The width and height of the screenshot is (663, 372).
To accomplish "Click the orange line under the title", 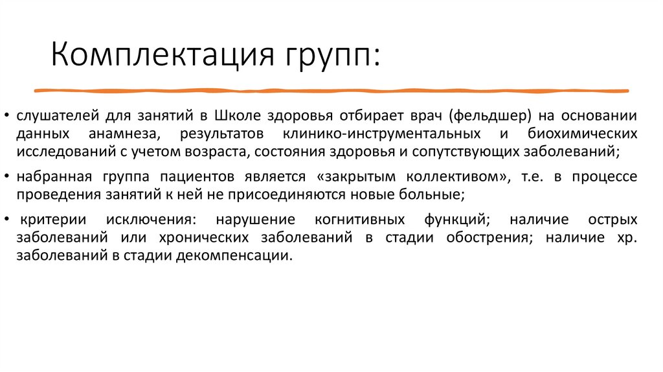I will [331, 89].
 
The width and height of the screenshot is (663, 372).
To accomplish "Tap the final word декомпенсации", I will [239, 255].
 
